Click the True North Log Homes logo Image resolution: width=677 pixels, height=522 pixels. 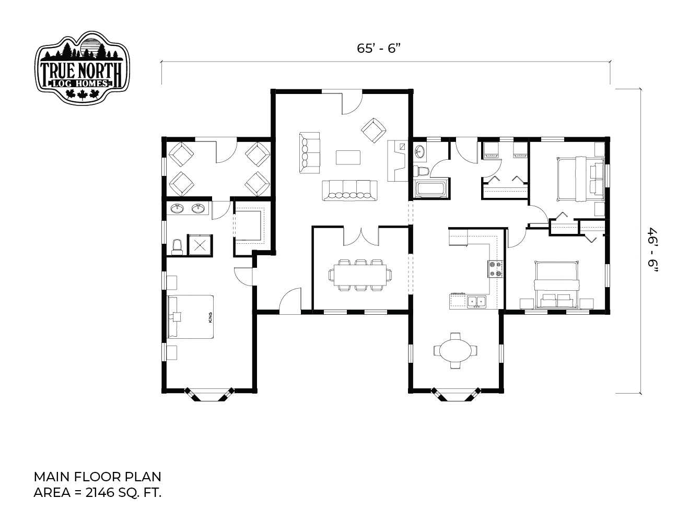point(82,68)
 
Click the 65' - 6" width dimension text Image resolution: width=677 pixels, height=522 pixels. point(378,49)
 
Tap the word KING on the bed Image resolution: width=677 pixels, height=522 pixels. point(211,317)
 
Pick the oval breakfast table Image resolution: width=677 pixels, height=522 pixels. point(456,351)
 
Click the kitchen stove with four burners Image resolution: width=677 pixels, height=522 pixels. point(495,269)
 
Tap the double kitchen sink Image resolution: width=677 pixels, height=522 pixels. point(477,302)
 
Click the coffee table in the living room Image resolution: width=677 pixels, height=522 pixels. point(348,157)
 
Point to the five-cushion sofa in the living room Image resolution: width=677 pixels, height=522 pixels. point(349,191)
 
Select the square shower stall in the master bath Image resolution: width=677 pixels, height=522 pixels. point(200,245)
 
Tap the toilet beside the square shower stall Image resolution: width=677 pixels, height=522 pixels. point(177,247)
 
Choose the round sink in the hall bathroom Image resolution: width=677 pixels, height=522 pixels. point(421,153)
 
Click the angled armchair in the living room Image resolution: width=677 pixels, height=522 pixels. point(373,130)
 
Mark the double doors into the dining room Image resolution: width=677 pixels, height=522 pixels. point(361,236)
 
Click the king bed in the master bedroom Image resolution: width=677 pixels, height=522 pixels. point(191,317)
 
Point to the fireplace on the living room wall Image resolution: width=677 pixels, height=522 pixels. point(398,161)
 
